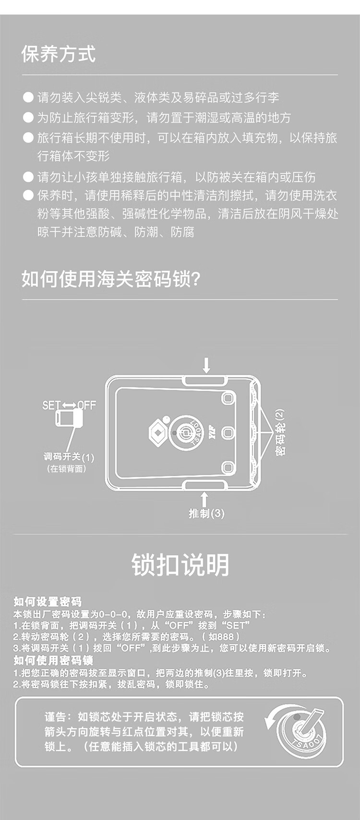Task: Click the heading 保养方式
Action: pyautogui.click(x=59, y=54)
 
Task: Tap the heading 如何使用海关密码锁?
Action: pyautogui.click(x=111, y=279)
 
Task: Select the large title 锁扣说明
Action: pyautogui.click(x=180, y=565)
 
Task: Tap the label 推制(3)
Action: pyautogui.click(x=206, y=514)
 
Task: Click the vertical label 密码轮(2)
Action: pyautogui.click(x=281, y=432)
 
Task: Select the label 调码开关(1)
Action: pyautogui.click(x=69, y=457)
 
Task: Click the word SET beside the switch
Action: pyautogui.click(x=51, y=405)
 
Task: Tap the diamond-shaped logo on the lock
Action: pyautogui.click(x=158, y=433)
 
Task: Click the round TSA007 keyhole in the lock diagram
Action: pyautogui.click(x=186, y=433)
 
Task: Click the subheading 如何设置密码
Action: pyautogui.click(x=48, y=602)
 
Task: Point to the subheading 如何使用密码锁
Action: pyautogui.click(x=53, y=660)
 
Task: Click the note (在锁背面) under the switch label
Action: pyautogui.click(x=67, y=469)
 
